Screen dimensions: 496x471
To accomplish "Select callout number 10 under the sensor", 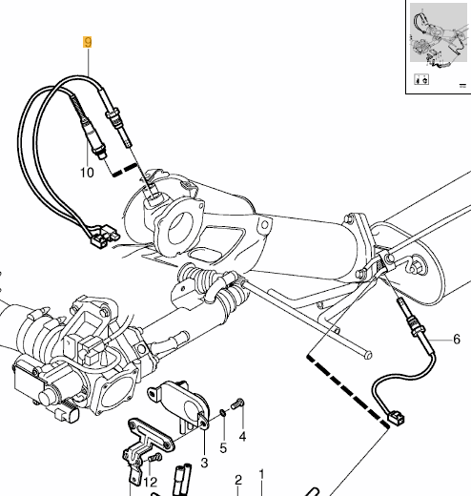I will pos(87,173).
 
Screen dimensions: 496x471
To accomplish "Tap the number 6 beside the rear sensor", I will pos(456,340).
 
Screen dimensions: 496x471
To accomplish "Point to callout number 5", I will pos(223,447).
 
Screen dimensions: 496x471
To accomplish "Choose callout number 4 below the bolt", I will pos(242,437).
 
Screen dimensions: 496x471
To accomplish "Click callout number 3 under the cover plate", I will pos(202,463).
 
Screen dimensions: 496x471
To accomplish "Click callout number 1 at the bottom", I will pos(261,473).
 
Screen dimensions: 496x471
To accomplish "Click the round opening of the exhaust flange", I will pos(176,230).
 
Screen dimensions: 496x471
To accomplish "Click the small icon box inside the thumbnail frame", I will pos(420,81).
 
